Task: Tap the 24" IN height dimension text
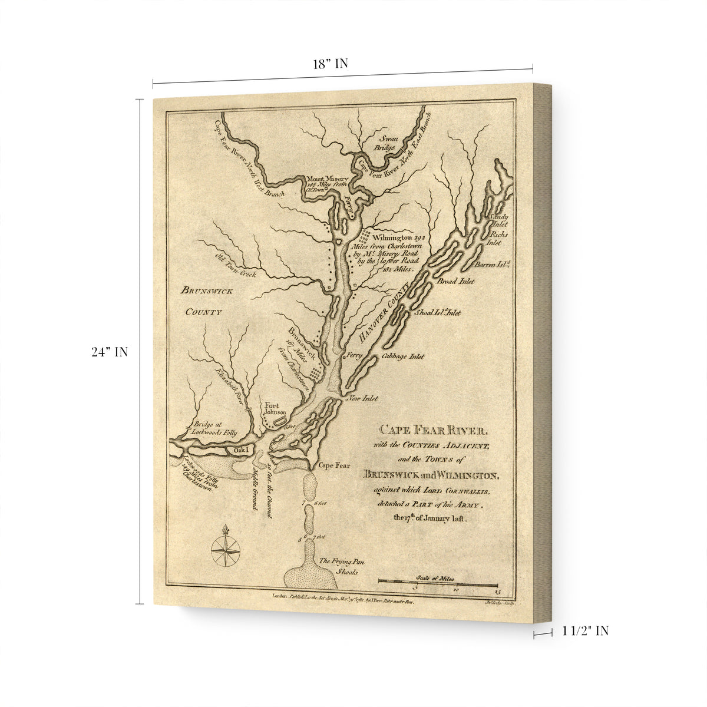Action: (110, 352)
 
